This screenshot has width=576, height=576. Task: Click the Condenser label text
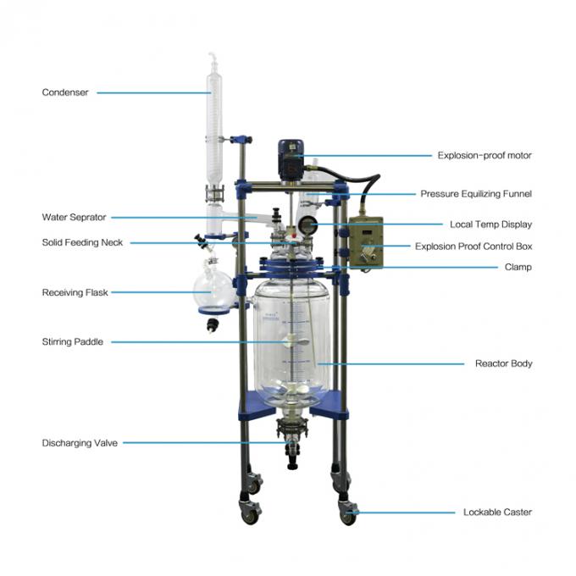tap(65, 92)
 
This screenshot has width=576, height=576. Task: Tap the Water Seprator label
tap(75, 217)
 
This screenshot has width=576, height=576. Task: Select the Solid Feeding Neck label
tap(82, 242)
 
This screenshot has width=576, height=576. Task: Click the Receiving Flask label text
tap(75, 292)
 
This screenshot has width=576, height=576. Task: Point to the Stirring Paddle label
tap(72, 341)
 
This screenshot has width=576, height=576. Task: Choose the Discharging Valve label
tap(80, 443)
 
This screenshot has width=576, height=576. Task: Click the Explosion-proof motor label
tap(485, 155)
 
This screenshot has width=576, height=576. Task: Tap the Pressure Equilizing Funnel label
tap(476, 194)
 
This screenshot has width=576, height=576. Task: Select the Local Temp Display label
tap(490, 224)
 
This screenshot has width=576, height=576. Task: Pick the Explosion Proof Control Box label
tap(474, 246)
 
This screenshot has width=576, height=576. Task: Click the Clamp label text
tap(518, 267)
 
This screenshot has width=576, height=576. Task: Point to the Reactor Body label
tap(504, 363)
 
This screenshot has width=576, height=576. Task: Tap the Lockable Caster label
tap(497, 512)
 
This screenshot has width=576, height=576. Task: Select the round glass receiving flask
tap(213, 288)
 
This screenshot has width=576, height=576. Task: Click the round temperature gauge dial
tap(307, 224)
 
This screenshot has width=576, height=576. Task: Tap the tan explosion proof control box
tap(366, 242)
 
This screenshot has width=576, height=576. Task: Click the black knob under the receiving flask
tap(212, 325)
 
